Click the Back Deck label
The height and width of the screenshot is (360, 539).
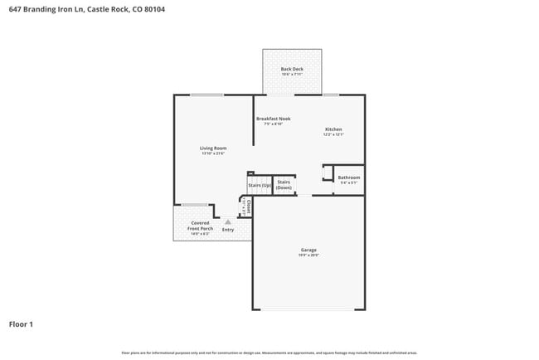(291, 68)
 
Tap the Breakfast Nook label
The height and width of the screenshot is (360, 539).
(273, 119)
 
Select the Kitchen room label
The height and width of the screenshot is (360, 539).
(333, 129)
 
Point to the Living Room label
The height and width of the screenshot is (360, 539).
(213, 148)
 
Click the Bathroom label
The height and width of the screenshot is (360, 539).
(348, 177)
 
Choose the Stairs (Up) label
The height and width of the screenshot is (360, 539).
(260, 185)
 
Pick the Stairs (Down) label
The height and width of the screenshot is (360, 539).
(284, 184)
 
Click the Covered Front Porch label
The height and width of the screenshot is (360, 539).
(200, 226)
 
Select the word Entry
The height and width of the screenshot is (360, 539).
(227, 230)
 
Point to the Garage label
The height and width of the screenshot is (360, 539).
(308, 250)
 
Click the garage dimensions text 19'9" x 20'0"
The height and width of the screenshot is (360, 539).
(308, 255)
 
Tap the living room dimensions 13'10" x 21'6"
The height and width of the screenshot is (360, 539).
(213, 154)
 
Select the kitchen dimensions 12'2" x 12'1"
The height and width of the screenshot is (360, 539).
(333, 135)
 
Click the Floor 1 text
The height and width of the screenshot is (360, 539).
(21, 324)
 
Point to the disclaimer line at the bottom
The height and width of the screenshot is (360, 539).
(269, 353)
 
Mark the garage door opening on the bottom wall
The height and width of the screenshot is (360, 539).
(308, 310)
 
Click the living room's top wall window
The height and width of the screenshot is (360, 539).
(206, 95)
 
